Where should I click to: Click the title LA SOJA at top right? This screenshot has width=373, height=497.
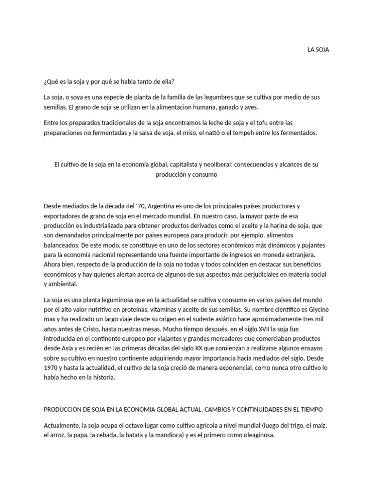(x=318, y=50)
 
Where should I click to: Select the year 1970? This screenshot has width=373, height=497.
(x=51, y=368)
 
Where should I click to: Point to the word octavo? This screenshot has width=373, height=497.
(x=129, y=426)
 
